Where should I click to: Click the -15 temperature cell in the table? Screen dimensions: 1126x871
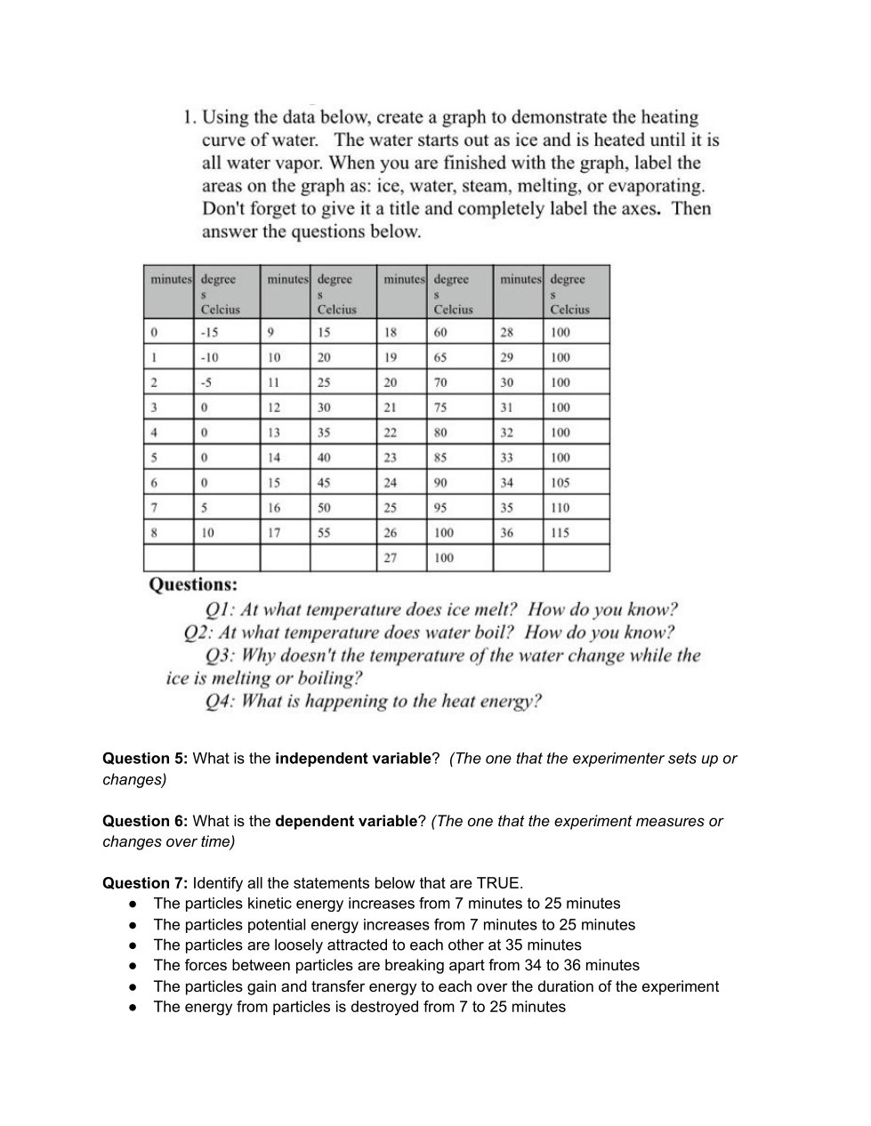[210, 333]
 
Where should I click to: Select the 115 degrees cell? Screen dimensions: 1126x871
[560, 533]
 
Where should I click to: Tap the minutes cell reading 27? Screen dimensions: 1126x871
[390, 558]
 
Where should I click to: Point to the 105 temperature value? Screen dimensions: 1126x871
[560, 483]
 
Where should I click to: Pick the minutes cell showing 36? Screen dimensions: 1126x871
[506, 533]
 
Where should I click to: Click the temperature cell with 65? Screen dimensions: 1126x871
[440, 358]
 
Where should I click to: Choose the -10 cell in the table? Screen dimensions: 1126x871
[210, 358]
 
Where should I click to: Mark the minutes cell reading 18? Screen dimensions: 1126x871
[390, 333]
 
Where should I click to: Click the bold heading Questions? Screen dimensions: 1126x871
[193, 585]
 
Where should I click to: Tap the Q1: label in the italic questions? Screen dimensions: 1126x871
[220, 610]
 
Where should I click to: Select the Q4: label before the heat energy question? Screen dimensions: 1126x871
[220, 702]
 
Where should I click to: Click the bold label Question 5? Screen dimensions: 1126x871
[145, 759]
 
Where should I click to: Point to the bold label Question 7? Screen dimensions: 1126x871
[145, 883]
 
